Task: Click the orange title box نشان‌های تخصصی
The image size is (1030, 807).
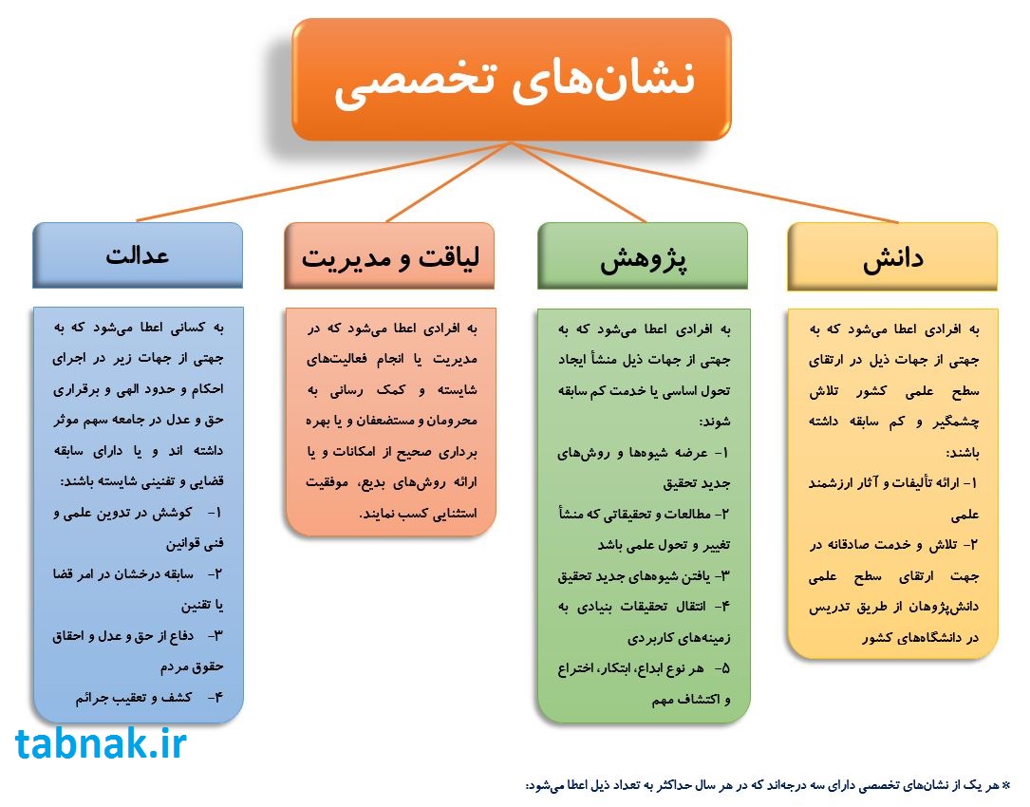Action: click(512, 80)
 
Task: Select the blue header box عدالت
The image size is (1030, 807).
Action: click(138, 255)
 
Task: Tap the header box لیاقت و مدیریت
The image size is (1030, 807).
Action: click(389, 255)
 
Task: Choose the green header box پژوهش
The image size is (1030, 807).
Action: click(643, 255)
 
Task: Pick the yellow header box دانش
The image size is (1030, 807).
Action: click(892, 256)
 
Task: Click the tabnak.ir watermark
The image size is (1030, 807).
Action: click(101, 744)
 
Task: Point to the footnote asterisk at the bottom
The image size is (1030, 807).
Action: click(1005, 784)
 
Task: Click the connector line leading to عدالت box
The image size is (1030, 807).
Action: click(324, 181)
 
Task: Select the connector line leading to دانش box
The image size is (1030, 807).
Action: click(704, 182)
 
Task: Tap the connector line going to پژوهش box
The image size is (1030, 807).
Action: click(579, 182)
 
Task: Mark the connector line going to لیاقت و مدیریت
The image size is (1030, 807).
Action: click(449, 182)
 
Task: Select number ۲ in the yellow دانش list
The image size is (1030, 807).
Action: click(973, 545)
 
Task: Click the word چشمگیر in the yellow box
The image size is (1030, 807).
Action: click(956, 422)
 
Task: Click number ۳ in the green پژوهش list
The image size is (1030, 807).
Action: click(724, 576)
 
